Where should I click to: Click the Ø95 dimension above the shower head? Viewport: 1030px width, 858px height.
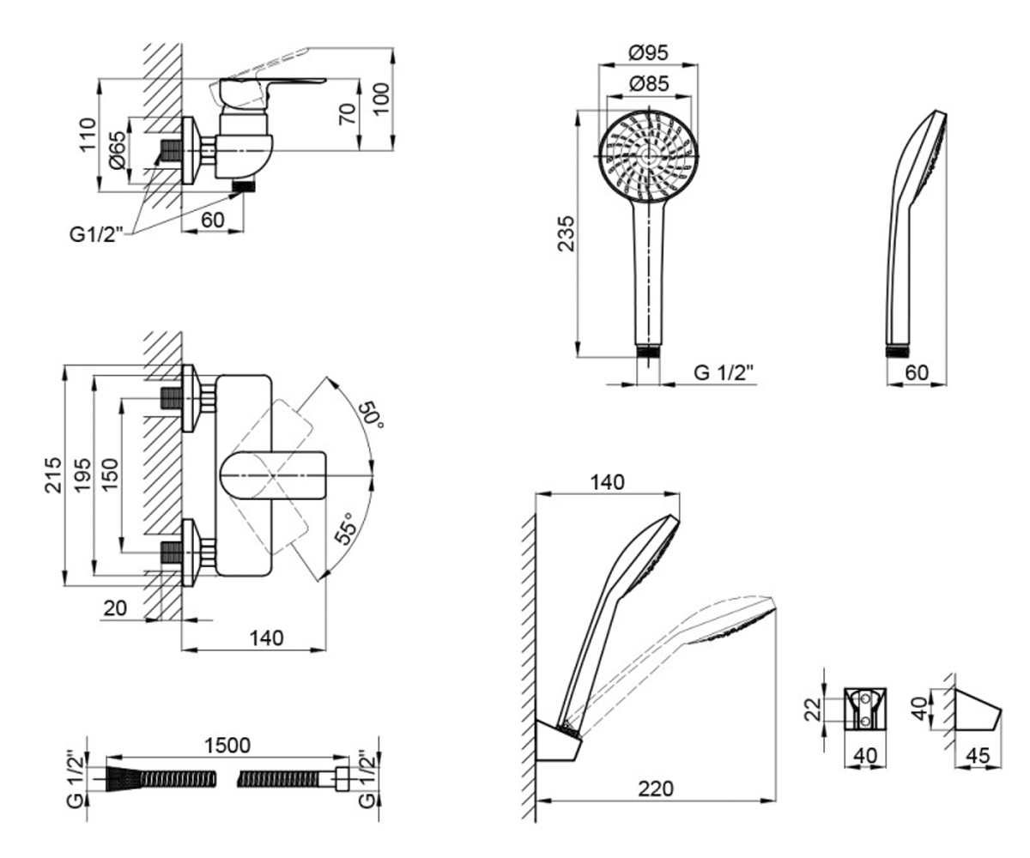tap(648, 52)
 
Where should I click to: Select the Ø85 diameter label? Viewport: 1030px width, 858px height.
tap(649, 84)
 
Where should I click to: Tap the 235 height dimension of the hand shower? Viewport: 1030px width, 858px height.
tap(566, 233)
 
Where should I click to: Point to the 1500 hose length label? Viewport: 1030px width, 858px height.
tap(227, 745)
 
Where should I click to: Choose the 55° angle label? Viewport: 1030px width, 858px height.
tap(345, 529)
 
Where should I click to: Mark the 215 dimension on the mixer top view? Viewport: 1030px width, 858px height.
tap(53, 475)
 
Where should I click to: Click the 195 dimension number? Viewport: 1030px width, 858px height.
tap(82, 475)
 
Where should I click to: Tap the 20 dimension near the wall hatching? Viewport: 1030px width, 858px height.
tap(115, 608)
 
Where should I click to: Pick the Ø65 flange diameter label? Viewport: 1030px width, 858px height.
tap(118, 150)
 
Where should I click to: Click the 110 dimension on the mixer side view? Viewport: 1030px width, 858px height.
tap(88, 135)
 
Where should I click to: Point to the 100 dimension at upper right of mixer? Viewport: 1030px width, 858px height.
tap(380, 99)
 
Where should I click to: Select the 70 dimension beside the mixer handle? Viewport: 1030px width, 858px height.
tap(348, 114)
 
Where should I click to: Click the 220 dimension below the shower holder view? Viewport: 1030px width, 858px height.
tap(656, 789)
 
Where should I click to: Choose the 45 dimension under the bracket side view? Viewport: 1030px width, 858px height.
tap(978, 755)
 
